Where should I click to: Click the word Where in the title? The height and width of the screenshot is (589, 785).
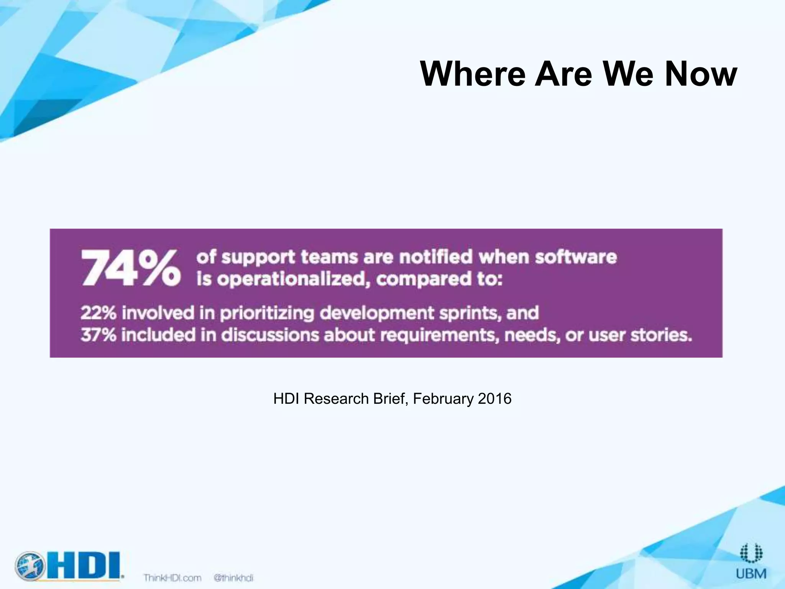coord(472,74)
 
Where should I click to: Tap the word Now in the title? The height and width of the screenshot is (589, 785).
coord(701,74)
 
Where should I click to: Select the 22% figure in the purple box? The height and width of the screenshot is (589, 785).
coord(98,313)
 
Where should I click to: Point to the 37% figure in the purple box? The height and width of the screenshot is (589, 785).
coord(98,335)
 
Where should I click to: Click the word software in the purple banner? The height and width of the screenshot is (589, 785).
coord(576,257)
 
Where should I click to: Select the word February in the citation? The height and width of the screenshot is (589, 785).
coord(443,399)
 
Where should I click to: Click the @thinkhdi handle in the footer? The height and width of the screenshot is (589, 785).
coord(233,578)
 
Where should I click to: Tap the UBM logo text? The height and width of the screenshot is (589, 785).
coord(751,574)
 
